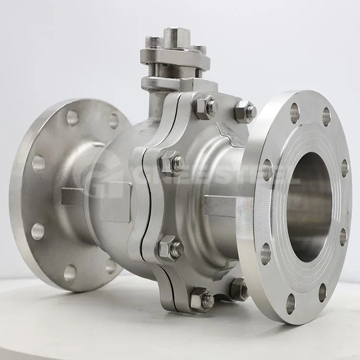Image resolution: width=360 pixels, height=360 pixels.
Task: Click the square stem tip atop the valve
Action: (177, 36)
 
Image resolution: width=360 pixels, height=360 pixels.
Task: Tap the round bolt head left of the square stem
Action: (154, 42)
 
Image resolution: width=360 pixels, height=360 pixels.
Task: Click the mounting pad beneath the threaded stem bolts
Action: (178, 84)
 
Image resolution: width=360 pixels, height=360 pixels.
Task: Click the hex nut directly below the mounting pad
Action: (205, 107)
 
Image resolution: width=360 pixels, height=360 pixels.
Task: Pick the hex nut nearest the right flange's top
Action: (245, 111)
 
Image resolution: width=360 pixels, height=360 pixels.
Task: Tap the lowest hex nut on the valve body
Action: (201, 300)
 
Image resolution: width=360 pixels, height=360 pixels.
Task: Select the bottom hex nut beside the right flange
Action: (239, 289)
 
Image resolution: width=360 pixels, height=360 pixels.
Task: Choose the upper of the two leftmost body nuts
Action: (172, 163)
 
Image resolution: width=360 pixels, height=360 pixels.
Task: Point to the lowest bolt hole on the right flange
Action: (290, 303)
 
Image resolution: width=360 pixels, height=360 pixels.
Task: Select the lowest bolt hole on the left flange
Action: (70, 273)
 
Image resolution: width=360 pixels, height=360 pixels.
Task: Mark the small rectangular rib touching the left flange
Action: (72, 197)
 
